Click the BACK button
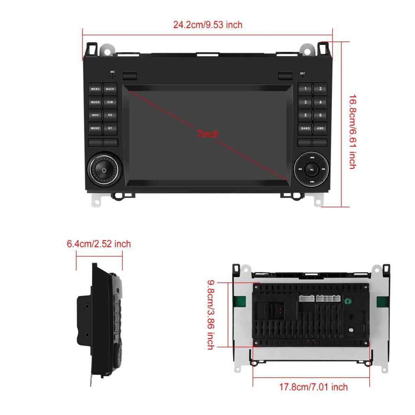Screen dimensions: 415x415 click(110, 89)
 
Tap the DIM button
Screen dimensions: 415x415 click(110, 102)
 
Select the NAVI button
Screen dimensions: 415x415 click(95, 115)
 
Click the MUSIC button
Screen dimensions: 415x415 click(95, 128)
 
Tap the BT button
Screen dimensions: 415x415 click(110, 128)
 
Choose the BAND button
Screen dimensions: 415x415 click(305, 128)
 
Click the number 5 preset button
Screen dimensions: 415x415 click(305, 115)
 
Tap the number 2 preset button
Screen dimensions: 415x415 click(320, 89)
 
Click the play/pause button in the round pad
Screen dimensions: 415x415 click(312, 169)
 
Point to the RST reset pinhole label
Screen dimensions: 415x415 click(302, 73)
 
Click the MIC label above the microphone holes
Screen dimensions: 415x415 click(113, 72)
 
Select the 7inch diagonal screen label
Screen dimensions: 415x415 click(207, 134)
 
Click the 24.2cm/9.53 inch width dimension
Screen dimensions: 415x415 click(207, 25)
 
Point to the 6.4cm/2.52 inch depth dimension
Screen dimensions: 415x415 click(99, 244)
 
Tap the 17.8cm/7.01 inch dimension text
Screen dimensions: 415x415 click(313, 387)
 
